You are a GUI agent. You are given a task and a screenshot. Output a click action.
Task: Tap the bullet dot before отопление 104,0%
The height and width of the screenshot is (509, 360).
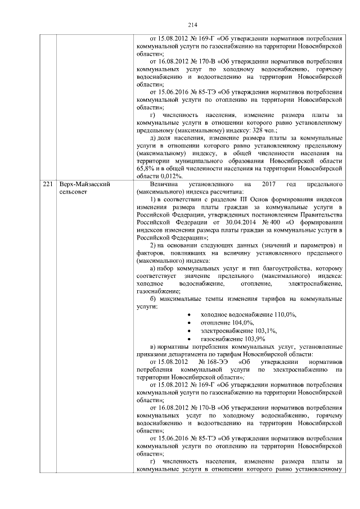(187, 323)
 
